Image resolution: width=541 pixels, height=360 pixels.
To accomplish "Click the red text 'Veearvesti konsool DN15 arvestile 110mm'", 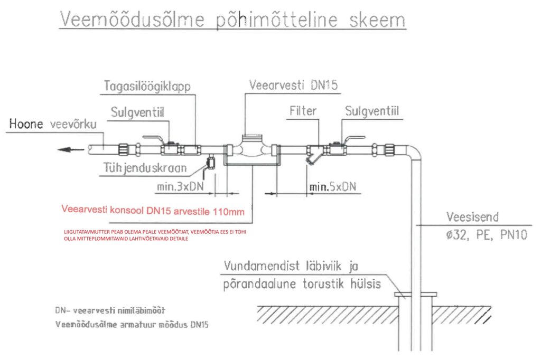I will click(153, 212).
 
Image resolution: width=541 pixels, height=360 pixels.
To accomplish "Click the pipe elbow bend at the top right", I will click(415, 153).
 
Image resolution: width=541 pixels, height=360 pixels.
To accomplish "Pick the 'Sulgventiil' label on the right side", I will click(371, 112).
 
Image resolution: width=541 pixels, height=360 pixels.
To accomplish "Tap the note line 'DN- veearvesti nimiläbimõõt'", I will click(113, 310).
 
